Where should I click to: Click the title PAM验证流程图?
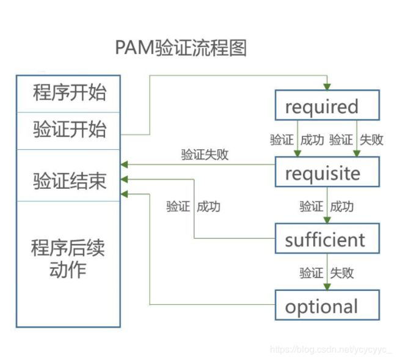pyautogui.click(x=181, y=48)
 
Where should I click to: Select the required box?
pyautogui.click(x=327, y=105)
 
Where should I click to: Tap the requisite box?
pyautogui.click(x=327, y=172)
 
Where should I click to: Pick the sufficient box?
pyautogui.click(x=327, y=238)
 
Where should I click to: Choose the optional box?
pyautogui.click(x=327, y=305)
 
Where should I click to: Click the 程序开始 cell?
pyautogui.click(x=68, y=94)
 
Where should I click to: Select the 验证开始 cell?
pyautogui.click(x=68, y=131)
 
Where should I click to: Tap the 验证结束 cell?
pyautogui.click(x=68, y=175)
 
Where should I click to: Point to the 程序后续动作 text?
pyautogui.click(x=68, y=259)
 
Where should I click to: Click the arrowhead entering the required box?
pyautogui.click(x=327, y=87)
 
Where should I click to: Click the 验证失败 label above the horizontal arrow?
pyautogui.click(x=205, y=154)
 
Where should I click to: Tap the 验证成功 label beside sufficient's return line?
pyautogui.click(x=193, y=207)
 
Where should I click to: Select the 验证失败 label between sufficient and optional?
pyautogui.click(x=327, y=273)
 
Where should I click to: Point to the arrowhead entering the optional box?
pyautogui.click(x=327, y=287)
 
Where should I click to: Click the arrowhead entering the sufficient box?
pyautogui.click(x=327, y=220)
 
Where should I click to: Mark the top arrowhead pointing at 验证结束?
pyautogui.click(x=124, y=164)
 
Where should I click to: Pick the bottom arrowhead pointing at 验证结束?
pyautogui.click(x=124, y=194)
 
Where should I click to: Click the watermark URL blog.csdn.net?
pyautogui.click(x=331, y=350)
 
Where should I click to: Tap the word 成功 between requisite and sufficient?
pyautogui.click(x=342, y=207)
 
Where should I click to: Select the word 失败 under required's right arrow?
pyautogui.click(x=372, y=140)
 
